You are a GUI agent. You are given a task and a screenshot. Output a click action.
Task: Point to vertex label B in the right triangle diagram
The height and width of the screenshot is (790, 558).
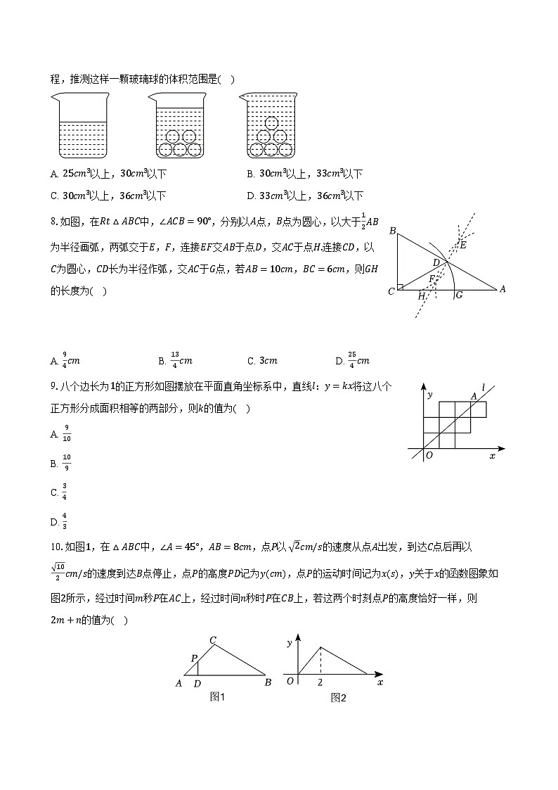tap(392, 231)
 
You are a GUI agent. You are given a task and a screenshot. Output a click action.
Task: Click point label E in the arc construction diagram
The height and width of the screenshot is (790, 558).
tap(462, 245)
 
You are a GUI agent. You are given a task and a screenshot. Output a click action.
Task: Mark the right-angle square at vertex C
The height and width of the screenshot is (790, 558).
tap(401, 286)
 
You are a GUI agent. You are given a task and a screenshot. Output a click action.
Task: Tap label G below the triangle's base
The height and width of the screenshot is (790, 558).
tap(459, 295)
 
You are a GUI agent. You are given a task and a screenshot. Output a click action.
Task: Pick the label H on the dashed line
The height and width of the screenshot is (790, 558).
tap(421, 296)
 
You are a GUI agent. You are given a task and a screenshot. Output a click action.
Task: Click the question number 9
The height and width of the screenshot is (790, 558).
tap(53, 386)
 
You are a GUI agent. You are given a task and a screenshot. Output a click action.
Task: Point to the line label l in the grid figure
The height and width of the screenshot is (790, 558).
tap(484, 386)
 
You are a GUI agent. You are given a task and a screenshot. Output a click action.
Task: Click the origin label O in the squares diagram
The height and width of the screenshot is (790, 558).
tap(429, 455)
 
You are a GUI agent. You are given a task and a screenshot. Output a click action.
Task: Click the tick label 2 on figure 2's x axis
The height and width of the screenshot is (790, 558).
tap(320, 682)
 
